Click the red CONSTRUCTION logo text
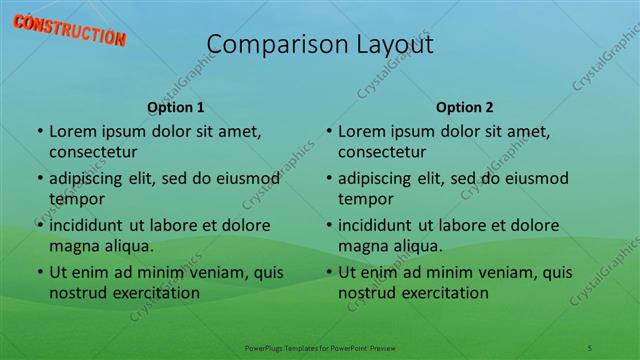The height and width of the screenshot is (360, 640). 70,29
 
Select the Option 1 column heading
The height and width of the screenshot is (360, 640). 176,107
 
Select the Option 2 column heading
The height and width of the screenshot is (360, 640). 464,107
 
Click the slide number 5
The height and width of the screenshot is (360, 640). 590,346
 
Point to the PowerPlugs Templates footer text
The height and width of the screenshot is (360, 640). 319,346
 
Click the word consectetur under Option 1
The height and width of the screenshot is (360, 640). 93,152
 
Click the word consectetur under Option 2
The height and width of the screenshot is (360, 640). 382,152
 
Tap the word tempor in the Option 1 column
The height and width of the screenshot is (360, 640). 75,199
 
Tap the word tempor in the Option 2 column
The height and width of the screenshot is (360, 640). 364,199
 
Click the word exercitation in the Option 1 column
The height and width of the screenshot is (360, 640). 152,293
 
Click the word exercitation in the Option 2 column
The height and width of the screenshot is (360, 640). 441,293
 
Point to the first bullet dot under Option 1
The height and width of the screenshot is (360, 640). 39,131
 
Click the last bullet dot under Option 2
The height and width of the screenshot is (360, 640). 328,271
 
